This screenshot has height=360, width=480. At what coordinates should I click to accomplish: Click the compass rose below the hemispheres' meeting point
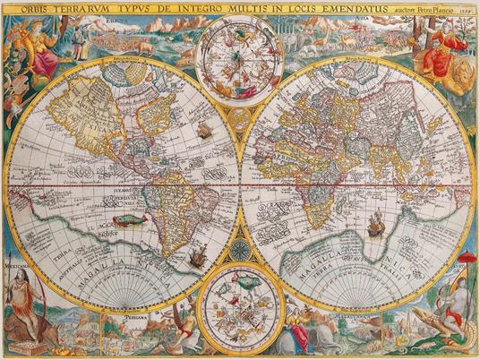point(240,248)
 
